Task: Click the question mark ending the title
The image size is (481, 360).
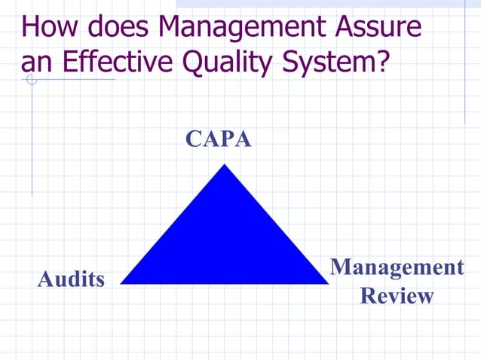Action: pyautogui.click(x=381, y=62)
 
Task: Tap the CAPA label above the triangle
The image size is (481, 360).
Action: pyautogui.click(x=219, y=139)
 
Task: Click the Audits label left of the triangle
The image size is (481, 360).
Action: pyautogui.click(x=72, y=279)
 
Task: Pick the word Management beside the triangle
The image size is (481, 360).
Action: pyautogui.click(x=397, y=267)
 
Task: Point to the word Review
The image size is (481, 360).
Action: pyautogui.click(x=397, y=295)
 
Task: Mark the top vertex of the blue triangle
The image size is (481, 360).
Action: pyautogui.click(x=224, y=165)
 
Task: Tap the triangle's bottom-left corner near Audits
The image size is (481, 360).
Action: pyautogui.click(x=122, y=283)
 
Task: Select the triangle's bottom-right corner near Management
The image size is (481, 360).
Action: pyautogui.click(x=327, y=283)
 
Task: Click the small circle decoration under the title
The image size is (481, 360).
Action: pyautogui.click(x=31, y=78)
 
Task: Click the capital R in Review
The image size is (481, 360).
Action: pyautogui.click(x=369, y=295)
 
